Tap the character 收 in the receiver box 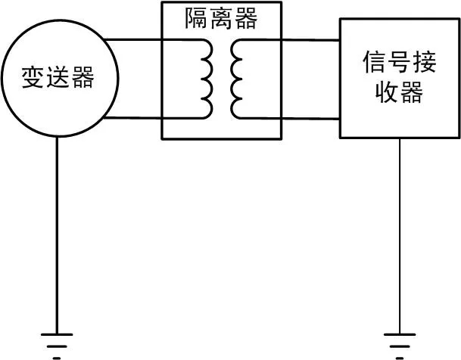384,94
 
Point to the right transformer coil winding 236,79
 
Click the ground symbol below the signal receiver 400,337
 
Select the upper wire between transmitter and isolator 132,39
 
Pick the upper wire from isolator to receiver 310,39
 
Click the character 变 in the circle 33,79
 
